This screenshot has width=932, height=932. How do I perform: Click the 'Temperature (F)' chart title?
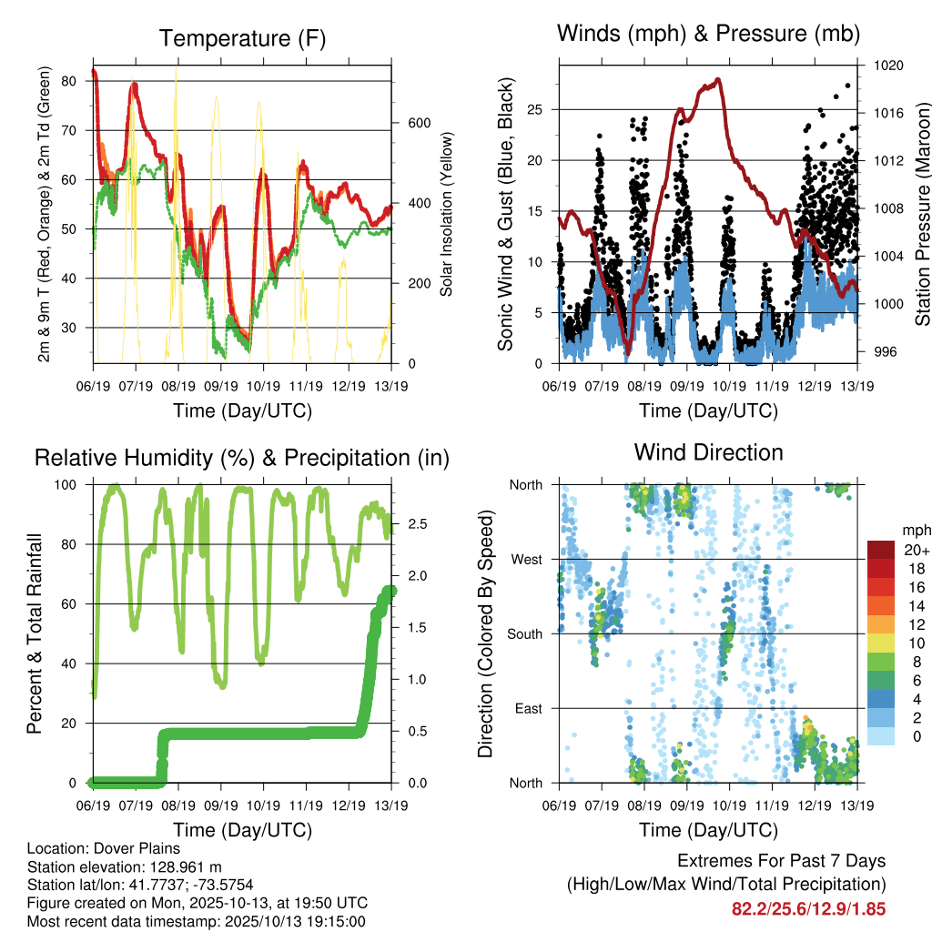pos(242,38)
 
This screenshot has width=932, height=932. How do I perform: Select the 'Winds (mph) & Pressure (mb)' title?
pos(708,34)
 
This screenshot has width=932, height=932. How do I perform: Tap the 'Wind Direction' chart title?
pos(708,452)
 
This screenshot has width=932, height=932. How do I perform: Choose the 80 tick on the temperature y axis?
pos(68,81)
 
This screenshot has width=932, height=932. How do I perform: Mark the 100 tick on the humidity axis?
pos(66,484)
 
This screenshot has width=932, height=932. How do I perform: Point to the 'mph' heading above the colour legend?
pos(914,530)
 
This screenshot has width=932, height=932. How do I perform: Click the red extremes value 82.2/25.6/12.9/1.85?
pos(808,908)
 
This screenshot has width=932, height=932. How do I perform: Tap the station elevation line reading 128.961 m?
pos(125,866)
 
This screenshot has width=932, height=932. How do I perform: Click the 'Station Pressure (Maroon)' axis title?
pos(921,212)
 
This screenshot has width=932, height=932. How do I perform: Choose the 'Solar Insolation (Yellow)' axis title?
pos(447,214)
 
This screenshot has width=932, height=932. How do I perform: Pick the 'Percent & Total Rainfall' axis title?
pos(35,633)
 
